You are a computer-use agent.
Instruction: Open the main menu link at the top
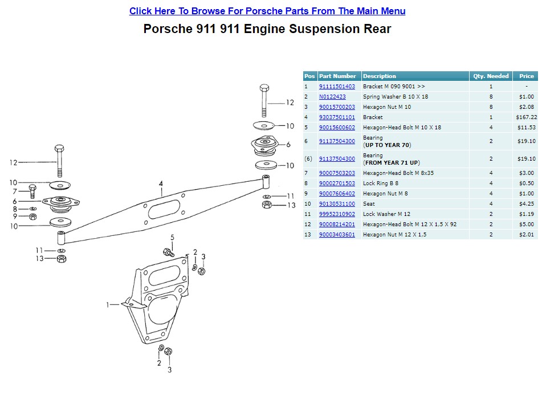tap(267, 11)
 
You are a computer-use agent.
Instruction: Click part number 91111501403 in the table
tap(337, 87)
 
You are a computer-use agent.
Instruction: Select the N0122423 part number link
tap(332, 97)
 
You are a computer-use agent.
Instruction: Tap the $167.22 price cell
tap(526, 117)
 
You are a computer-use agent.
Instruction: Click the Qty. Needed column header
tap(490, 76)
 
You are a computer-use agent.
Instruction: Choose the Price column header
tap(526, 76)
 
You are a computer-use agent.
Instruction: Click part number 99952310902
tap(337, 214)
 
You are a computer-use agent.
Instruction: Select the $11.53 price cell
tap(526, 128)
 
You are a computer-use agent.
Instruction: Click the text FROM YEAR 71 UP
tap(391, 163)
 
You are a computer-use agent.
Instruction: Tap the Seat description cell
tap(369, 204)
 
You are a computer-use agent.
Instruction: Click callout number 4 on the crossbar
tap(161, 183)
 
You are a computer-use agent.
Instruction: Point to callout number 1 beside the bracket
tap(108, 305)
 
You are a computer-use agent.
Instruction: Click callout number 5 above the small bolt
tap(172, 237)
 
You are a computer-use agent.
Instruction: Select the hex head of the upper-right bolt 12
tap(264, 89)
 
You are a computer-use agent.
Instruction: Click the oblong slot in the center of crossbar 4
tap(164, 208)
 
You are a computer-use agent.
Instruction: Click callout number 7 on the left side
tap(16, 191)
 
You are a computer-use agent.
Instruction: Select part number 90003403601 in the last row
tap(337, 235)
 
